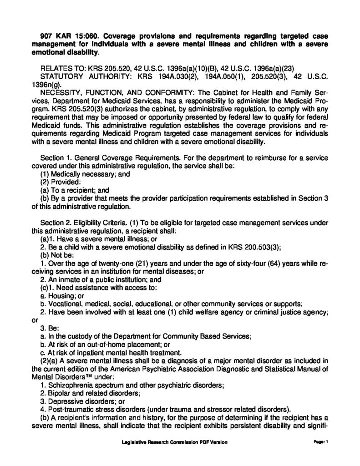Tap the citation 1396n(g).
click(46, 82)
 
